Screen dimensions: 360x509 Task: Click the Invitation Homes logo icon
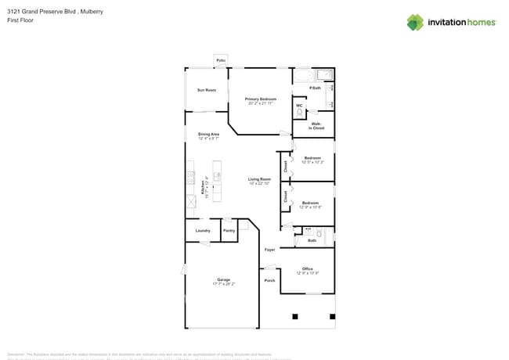415,22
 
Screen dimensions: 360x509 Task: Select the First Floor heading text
20,20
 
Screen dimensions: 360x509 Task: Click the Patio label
221,60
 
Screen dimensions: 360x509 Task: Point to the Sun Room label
206,91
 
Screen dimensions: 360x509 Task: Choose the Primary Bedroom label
261,99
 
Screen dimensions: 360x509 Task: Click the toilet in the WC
299,113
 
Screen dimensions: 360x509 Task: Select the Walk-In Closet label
317,126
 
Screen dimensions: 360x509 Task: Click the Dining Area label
208,134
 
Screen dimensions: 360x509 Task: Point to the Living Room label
259,179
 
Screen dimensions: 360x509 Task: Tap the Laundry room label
202,231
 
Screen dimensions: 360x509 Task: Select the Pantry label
229,231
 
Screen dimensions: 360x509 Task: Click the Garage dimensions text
223,284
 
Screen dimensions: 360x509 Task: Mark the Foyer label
269,250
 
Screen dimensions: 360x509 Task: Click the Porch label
269,280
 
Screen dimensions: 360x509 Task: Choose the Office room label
307,268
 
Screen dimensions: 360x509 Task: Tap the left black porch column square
295,317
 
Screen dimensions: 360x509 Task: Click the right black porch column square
332,317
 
